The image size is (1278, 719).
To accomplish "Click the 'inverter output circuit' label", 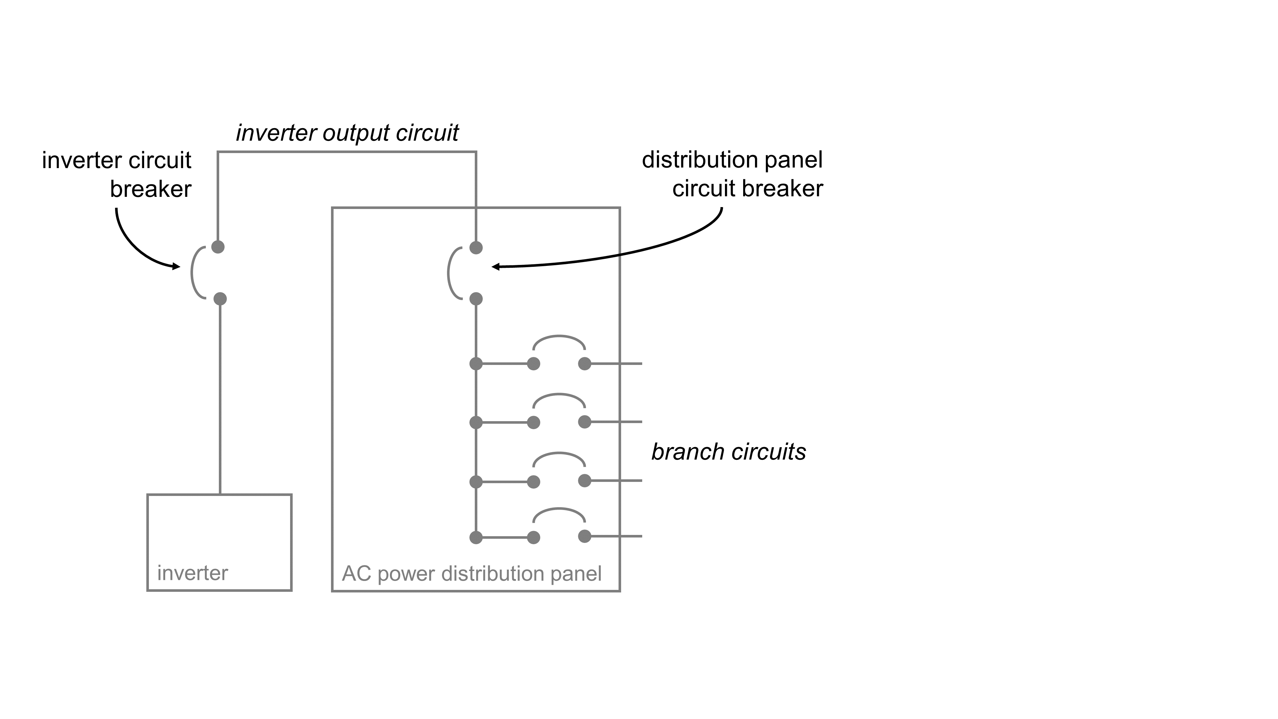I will point(347,133).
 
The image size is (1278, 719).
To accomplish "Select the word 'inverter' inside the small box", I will point(192,573).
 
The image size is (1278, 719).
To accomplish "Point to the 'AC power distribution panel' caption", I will point(471,574).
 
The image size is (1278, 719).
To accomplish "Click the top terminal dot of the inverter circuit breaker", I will point(218,247).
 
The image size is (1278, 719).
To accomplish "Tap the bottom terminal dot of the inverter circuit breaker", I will point(220,299).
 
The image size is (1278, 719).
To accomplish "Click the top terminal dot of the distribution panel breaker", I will point(476,247).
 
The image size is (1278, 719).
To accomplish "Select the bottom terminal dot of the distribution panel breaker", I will point(476,299).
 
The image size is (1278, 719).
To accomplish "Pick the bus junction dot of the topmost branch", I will point(476,364).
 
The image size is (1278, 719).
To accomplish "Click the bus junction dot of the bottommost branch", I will point(476,537).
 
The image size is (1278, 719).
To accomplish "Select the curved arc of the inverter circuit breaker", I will point(192,272).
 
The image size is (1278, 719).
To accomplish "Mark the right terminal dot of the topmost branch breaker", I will point(585,364).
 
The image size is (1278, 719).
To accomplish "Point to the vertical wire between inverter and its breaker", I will point(220,397).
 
